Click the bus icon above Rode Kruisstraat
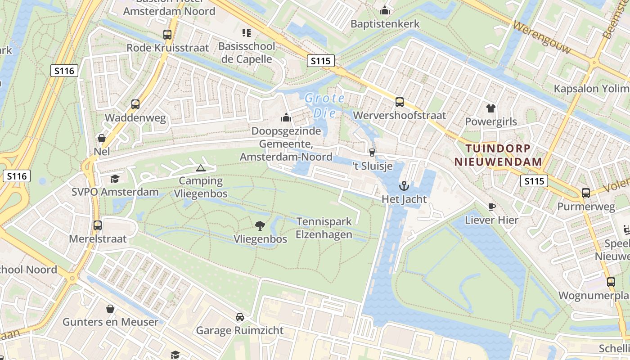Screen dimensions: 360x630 167,34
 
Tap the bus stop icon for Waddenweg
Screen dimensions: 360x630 135,104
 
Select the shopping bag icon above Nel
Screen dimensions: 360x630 102,138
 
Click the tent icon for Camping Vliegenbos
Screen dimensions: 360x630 200,168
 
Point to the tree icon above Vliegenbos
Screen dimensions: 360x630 260,225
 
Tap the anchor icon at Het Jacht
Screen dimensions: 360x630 404,185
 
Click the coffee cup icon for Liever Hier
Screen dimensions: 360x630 492,207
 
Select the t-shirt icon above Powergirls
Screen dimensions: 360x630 490,108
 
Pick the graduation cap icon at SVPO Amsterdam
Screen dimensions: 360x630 115,179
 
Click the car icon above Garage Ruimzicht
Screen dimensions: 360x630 240,317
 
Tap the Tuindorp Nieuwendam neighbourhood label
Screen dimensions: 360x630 498,155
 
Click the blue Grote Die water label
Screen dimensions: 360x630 324,105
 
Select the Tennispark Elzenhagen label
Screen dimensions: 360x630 324,228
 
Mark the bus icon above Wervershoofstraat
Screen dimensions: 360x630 399,102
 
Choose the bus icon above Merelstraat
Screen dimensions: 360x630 98,225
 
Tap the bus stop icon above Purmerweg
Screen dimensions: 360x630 586,193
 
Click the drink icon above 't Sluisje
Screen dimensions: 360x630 372,152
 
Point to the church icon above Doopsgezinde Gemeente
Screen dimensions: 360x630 286,117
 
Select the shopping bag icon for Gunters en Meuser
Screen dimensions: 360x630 110,308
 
